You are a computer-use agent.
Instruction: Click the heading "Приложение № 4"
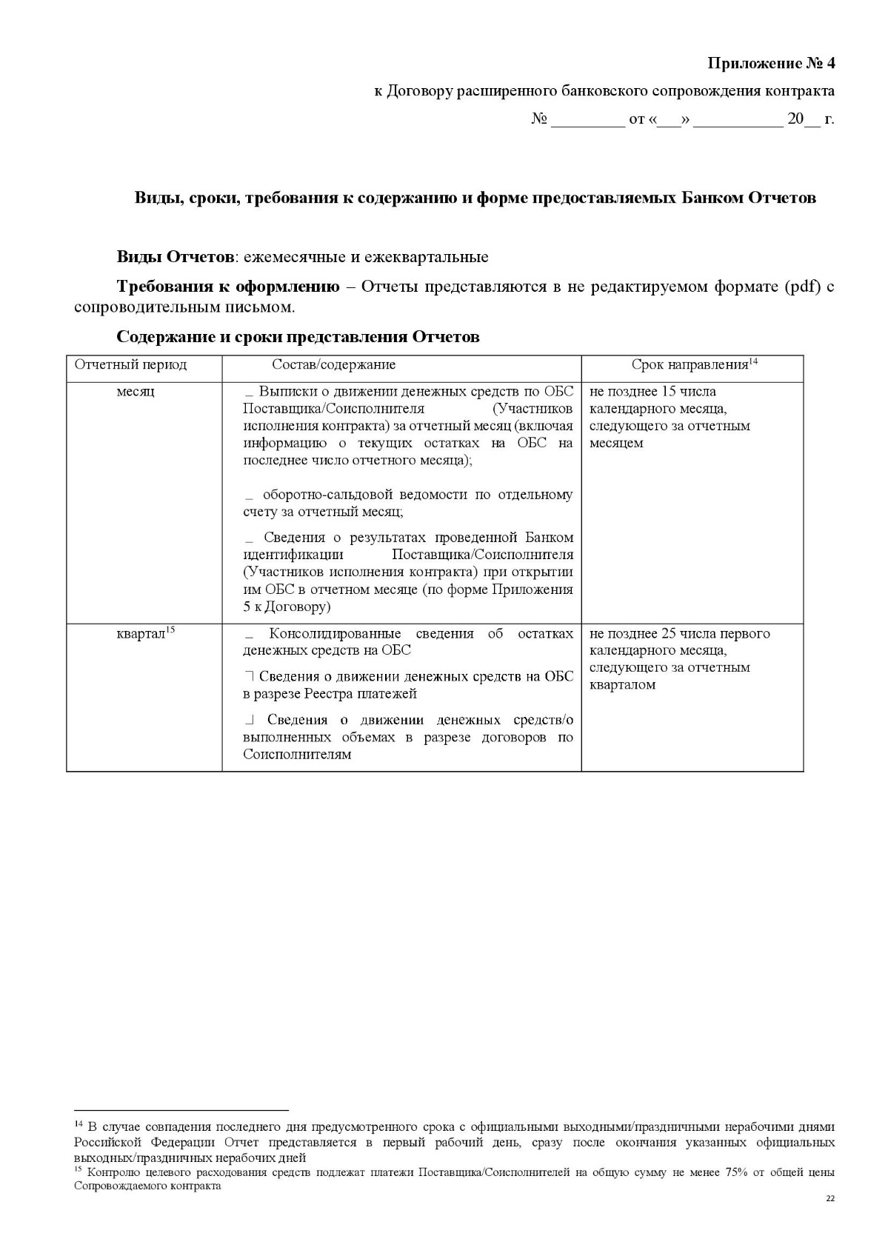coord(771,63)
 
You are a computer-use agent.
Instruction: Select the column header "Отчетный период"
coord(130,365)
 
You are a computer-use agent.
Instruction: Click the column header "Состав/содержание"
coord(333,365)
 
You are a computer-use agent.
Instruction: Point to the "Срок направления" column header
coord(689,365)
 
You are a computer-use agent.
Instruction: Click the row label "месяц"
coord(136,392)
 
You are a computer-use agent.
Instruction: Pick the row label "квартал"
coord(140,634)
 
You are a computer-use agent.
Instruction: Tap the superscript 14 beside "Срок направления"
coord(753,361)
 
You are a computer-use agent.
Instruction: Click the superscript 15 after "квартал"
coord(170,630)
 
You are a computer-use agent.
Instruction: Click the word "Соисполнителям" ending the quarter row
coord(297,755)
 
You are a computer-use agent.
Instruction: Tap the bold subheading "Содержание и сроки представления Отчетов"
coord(298,337)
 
